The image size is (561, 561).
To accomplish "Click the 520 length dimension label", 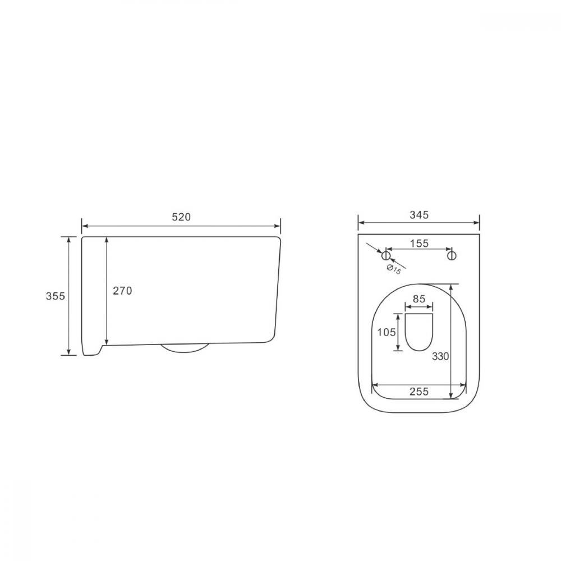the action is point(181,217).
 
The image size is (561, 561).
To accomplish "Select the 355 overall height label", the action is point(56,296).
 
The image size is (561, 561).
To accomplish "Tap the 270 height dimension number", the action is point(122,291).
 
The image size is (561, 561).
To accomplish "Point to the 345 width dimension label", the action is point(419,215).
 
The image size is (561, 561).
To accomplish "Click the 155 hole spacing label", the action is point(419,243).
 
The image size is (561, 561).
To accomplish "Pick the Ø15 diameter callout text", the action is point(394,269).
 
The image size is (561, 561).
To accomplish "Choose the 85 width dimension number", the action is point(419,299).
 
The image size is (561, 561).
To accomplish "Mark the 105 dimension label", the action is point(387,332).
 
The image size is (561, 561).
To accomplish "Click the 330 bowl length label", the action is point(440,356).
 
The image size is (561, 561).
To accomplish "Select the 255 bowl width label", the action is point(419,392).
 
